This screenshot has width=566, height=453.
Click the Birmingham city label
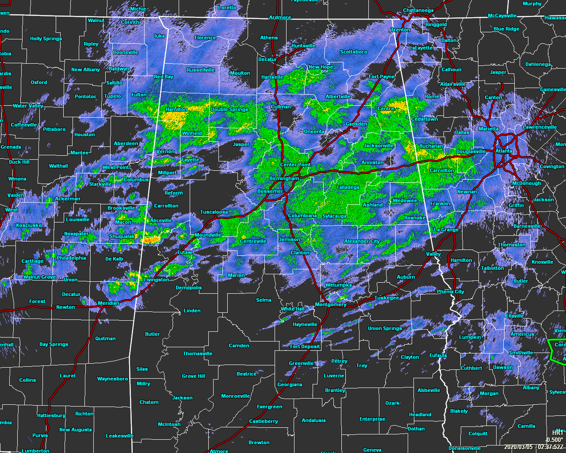pyautogui.click(x=284, y=178)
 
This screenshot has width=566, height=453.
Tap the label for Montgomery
pyautogui.click(x=330, y=304)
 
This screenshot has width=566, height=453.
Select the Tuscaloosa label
pyautogui.click(x=214, y=212)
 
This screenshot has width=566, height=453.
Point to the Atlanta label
pyautogui.click(x=504, y=151)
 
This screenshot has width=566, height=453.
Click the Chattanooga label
pyautogui.click(x=418, y=11)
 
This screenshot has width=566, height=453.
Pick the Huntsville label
pyautogui.click(x=303, y=46)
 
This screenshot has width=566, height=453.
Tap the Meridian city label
pyautogui.click(x=108, y=303)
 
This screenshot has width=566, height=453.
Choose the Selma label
pyautogui.click(x=264, y=300)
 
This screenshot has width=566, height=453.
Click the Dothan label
pyautogui.click(x=416, y=429)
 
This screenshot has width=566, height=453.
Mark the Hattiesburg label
pyautogui.click(x=51, y=415)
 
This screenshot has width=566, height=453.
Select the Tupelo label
pyautogui.click(x=112, y=96)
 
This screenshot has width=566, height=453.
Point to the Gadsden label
pyautogui.click(x=356, y=124)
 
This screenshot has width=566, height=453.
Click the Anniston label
pyautogui.click(x=372, y=162)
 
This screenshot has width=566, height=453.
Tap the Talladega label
pyautogui.click(x=348, y=187)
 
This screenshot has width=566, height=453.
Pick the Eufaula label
pyautogui.click(x=438, y=355)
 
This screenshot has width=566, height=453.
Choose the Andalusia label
pyautogui.click(x=314, y=420)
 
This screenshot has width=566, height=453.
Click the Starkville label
pyautogui.click(x=100, y=184)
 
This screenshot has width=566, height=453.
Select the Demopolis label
pyautogui.click(x=188, y=288)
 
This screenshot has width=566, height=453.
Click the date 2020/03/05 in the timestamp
pyautogui.click(x=519, y=447)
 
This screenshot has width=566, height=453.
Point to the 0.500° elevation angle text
pyautogui.click(x=555, y=440)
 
